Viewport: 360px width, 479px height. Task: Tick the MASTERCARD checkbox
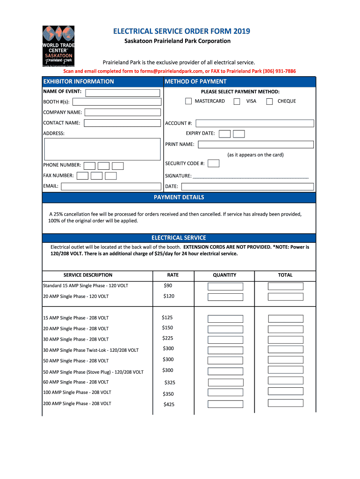(x=188, y=101)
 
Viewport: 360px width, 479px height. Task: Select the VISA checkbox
(x=237, y=101)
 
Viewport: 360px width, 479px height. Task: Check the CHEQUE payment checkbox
(x=269, y=101)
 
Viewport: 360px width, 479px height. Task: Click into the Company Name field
(x=122, y=112)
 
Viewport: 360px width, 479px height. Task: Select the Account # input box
(x=255, y=123)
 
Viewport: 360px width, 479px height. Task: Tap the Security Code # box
(x=214, y=163)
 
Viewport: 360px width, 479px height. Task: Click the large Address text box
(x=102, y=149)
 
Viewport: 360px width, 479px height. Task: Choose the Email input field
(x=110, y=186)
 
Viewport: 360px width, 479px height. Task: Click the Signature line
(x=251, y=177)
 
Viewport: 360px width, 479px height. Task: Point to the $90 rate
(x=168, y=285)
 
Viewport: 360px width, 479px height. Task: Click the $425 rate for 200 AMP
(x=169, y=405)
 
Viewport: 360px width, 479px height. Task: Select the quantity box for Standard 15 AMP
(x=225, y=286)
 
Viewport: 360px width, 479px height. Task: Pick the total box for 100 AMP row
(x=286, y=392)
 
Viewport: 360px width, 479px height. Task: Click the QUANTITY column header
(x=224, y=275)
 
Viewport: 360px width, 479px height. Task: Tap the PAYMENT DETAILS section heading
(x=179, y=197)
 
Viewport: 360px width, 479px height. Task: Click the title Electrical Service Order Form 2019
(x=182, y=31)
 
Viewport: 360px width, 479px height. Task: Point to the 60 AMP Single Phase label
(x=76, y=382)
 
